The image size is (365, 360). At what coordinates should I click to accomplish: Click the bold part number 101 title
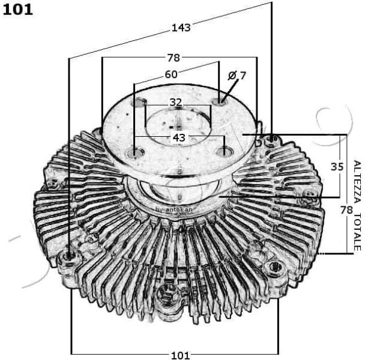click(18, 10)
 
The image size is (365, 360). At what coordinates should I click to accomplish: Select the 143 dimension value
click(181, 27)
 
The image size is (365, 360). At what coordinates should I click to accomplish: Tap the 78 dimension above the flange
click(173, 58)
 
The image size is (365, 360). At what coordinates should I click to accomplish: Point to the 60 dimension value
click(171, 74)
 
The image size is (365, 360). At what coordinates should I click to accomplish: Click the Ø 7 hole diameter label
click(237, 75)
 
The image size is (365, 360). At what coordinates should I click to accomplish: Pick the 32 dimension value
click(175, 102)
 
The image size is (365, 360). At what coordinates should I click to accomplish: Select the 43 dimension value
click(179, 137)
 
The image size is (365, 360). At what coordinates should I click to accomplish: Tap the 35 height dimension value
click(337, 166)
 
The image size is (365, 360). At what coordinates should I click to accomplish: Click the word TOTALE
click(357, 231)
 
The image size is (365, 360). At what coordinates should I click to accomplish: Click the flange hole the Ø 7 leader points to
click(220, 99)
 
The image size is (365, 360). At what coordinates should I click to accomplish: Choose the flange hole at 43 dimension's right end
click(225, 150)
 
